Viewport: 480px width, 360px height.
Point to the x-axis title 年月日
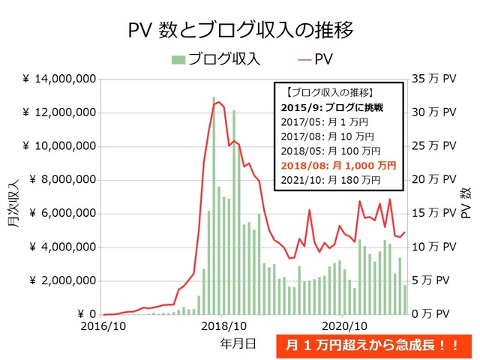click(238, 343)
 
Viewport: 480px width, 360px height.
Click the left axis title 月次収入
click(14, 196)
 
